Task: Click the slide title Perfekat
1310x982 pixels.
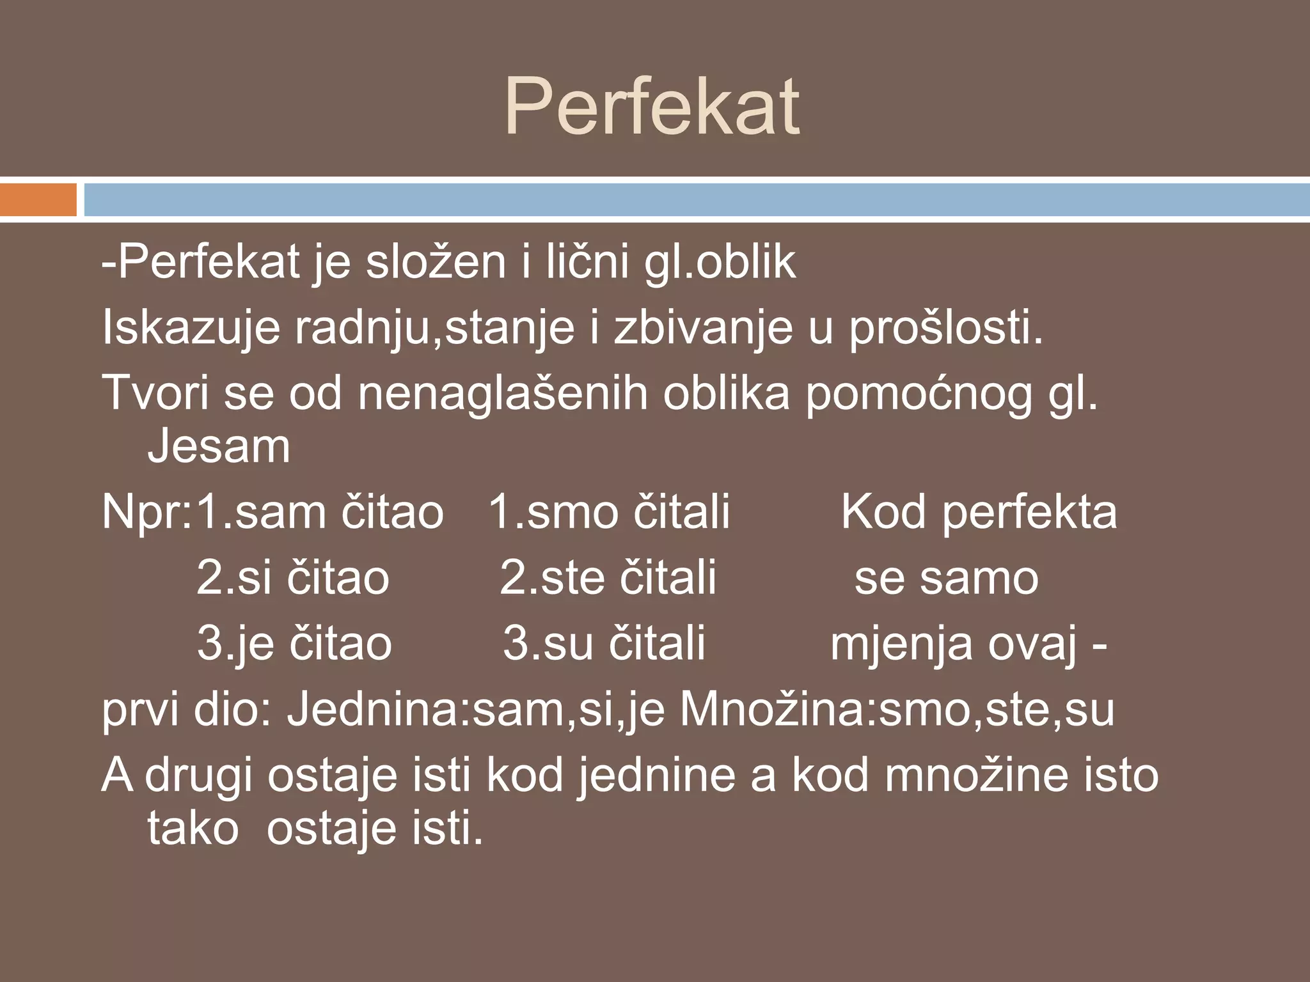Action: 652,107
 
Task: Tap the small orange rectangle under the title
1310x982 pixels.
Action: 38,199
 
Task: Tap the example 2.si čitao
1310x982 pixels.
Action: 293,578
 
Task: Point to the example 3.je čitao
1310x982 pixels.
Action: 294,643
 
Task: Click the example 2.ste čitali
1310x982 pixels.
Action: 608,578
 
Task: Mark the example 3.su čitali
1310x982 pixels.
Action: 604,643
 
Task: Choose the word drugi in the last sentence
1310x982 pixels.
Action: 198,776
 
